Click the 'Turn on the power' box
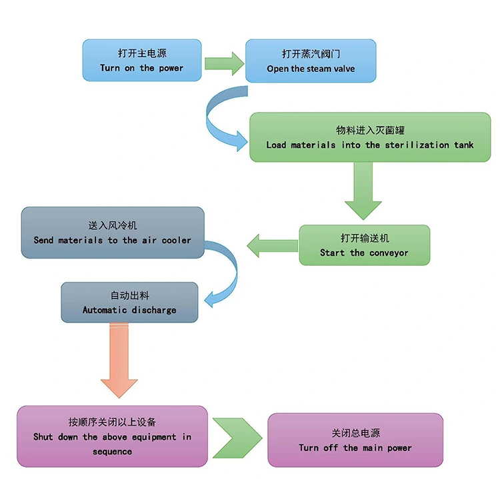coord(141,60)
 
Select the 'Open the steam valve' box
coord(311,61)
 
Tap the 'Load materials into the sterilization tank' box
coord(369,137)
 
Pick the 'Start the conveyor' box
coord(364,245)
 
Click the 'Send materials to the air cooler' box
coord(112,233)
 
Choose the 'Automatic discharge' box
coord(129,302)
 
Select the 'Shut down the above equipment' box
coord(112,436)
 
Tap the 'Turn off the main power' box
coord(355,440)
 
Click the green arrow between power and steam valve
coord(223,63)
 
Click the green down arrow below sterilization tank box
coord(363,191)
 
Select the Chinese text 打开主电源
coord(141,53)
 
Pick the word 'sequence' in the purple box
coord(112,452)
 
